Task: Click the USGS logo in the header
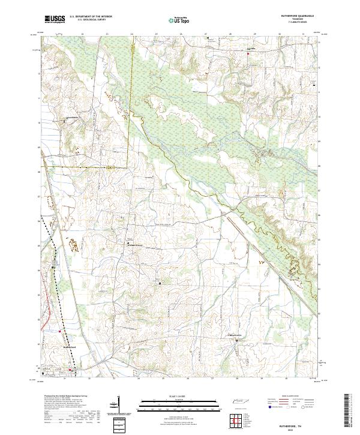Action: point(54,19)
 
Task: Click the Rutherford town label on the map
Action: point(70,347)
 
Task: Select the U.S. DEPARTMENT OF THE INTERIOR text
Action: point(91,17)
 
